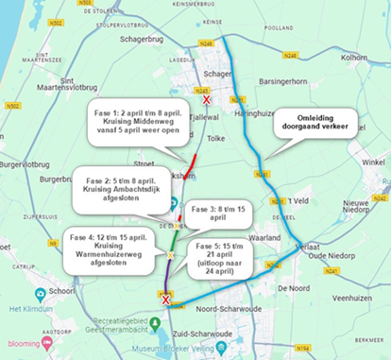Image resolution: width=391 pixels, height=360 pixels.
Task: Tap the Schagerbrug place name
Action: pyautogui.click(x=142, y=41)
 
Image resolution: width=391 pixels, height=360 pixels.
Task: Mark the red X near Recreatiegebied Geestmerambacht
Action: pyautogui.click(x=166, y=300)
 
